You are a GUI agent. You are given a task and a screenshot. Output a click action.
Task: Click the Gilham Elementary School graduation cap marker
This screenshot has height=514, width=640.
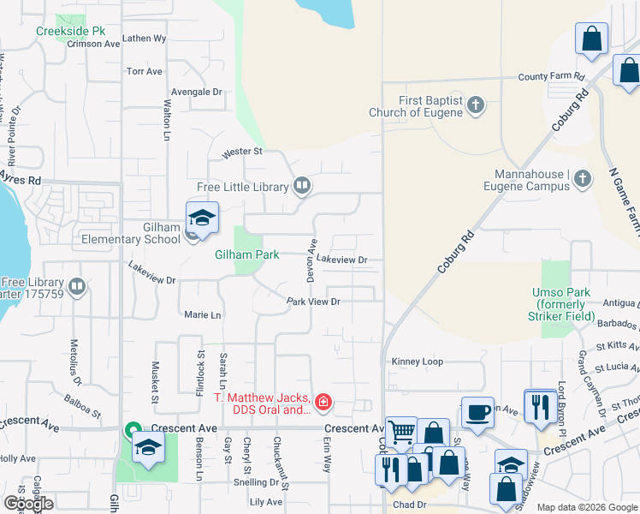(x=202, y=219)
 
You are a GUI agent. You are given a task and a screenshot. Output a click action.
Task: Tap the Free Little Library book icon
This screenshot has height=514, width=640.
(x=301, y=186)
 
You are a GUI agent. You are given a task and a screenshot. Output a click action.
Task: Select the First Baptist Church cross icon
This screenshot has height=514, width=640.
(x=476, y=105)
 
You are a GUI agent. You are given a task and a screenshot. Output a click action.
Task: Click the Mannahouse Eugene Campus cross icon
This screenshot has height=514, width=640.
(x=582, y=178)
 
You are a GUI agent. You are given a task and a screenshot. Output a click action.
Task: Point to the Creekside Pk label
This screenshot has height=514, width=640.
(x=71, y=31)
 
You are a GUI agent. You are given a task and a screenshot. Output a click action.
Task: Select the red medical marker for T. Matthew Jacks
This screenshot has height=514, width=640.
(x=323, y=401)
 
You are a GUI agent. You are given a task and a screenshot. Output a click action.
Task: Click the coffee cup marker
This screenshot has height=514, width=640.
(x=477, y=412)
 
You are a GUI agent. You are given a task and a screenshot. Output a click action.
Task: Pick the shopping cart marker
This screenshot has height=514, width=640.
(x=400, y=433)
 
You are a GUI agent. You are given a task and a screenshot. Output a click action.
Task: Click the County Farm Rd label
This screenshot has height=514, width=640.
(x=551, y=76)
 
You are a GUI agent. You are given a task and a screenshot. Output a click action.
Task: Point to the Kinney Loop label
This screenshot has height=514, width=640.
(x=417, y=362)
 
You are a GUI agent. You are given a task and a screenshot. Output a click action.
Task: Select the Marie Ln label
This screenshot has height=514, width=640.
(x=203, y=315)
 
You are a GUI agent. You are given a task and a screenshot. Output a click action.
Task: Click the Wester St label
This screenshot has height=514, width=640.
(x=241, y=152)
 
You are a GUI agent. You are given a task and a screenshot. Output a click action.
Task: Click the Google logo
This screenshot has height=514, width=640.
(x=28, y=503)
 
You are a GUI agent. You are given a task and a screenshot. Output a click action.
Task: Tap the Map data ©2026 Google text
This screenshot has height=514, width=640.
(x=587, y=507)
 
